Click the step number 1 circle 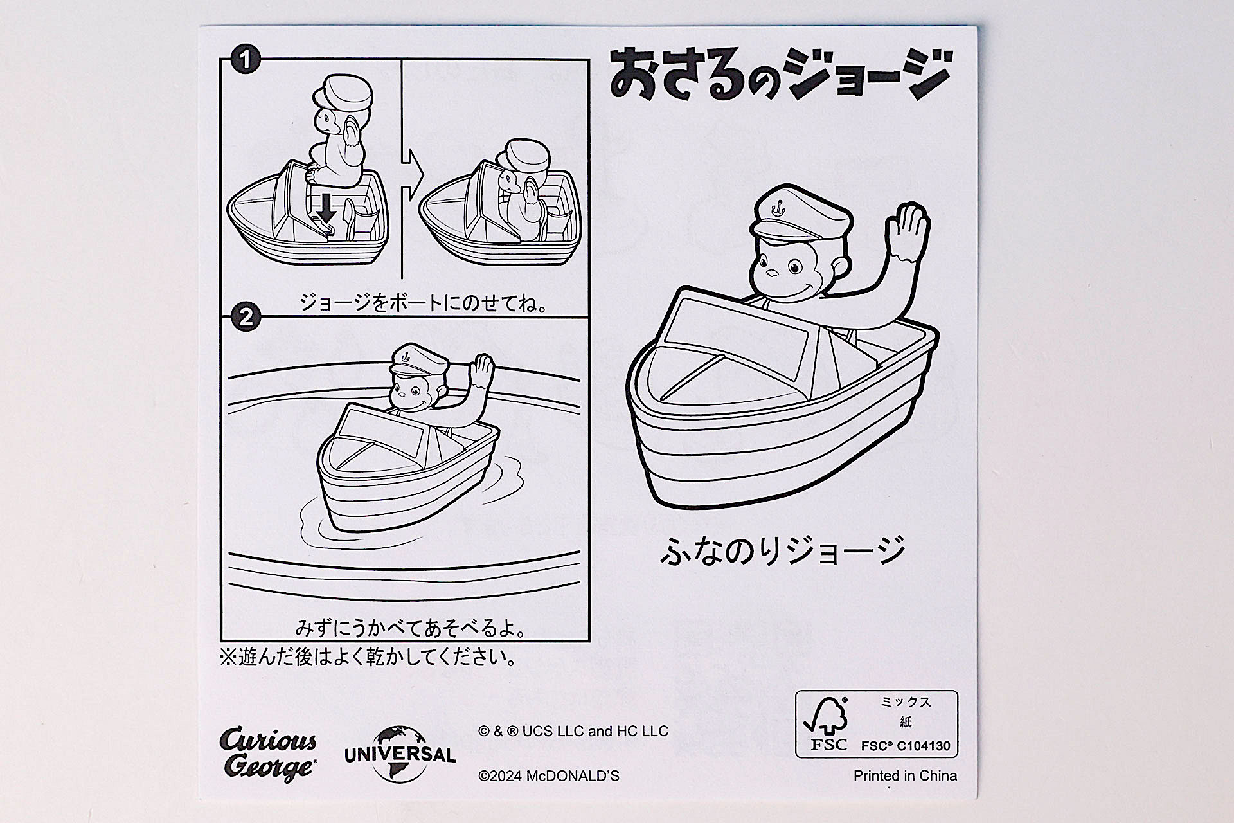pos(245,60)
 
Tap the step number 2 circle pos(245,318)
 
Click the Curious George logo pos(269,754)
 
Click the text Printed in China pos(905,775)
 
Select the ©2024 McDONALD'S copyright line pos(549,776)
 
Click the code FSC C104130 pos(906,746)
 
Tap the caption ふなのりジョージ pos(783,550)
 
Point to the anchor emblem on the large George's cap pos(780,208)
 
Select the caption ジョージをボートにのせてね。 pos(424,302)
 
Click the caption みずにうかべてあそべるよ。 pos(411,628)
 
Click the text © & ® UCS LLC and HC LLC pos(573,731)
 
